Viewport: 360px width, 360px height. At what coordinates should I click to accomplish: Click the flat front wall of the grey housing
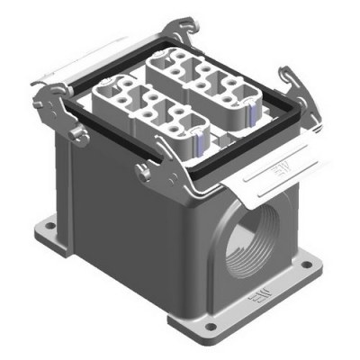135,243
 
